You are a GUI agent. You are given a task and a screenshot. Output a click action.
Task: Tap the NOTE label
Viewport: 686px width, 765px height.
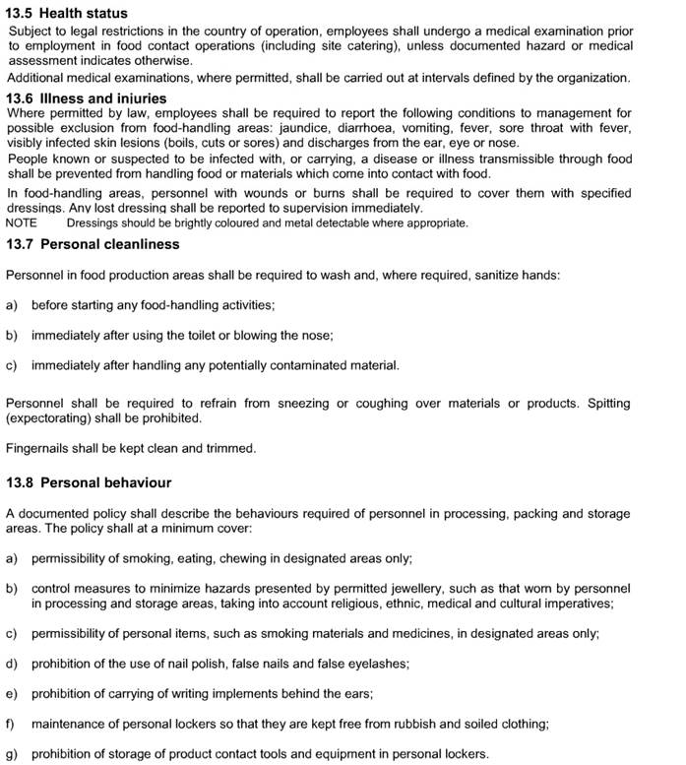pos(22,223)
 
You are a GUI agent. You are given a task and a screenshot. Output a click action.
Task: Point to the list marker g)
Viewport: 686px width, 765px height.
pos(12,754)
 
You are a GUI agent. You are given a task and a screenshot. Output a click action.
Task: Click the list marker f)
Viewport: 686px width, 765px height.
pos(11,724)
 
